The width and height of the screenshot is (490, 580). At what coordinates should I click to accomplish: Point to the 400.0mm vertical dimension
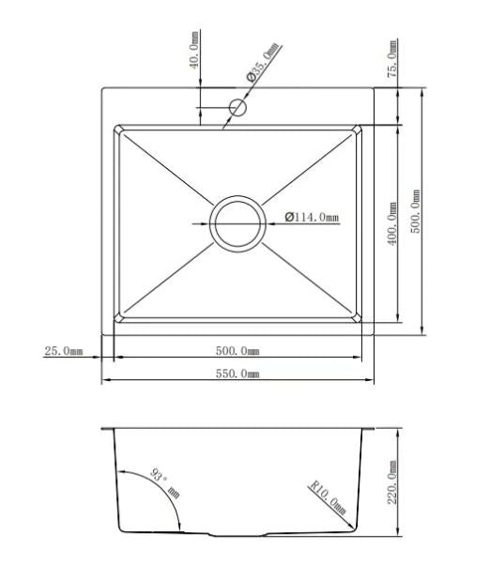[392, 224]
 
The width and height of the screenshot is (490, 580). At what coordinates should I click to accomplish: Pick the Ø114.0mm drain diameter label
[312, 218]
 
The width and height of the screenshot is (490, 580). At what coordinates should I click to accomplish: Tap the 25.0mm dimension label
[64, 352]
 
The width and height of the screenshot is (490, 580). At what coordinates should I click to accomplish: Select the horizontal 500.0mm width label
[237, 351]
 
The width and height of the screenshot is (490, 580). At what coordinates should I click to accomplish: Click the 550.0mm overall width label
[237, 374]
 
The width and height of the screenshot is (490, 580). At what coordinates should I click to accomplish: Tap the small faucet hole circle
[237, 108]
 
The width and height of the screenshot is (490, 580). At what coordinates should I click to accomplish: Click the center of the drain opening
[237, 223]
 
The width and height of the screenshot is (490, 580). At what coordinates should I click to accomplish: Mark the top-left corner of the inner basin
[115, 126]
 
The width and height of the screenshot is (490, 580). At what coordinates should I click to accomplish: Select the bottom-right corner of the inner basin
[362, 322]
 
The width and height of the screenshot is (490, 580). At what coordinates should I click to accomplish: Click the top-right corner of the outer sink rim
[374, 89]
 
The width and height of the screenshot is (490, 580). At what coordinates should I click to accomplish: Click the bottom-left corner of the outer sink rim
[102, 333]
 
